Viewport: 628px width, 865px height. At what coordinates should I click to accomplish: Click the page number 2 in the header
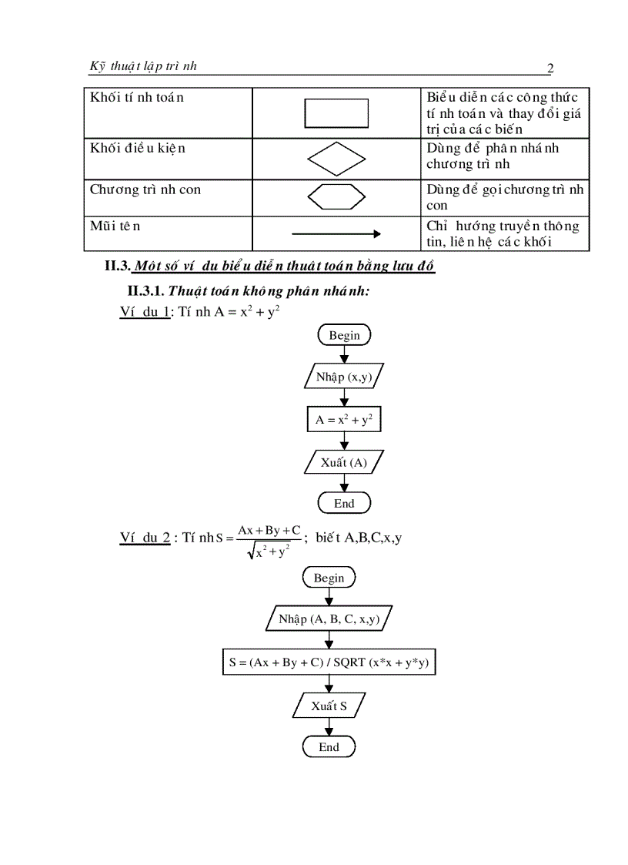(549, 69)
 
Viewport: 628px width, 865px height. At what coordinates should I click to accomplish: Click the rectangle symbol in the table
(337, 113)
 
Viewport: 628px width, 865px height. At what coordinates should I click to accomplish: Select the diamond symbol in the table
(337, 159)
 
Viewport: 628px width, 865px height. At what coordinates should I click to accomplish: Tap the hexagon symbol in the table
(336, 197)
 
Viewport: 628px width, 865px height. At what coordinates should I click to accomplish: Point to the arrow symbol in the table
(337, 233)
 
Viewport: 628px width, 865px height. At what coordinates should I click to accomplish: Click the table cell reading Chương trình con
(145, 189)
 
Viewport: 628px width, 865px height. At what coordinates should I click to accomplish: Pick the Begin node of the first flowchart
(344, 335)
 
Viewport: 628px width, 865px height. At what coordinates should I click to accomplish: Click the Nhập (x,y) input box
(344, 377)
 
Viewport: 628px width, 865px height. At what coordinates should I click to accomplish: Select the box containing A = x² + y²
(344, 421)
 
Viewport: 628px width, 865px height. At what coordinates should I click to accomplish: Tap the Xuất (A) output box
(344, 462)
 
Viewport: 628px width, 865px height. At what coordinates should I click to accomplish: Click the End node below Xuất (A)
(344, 503)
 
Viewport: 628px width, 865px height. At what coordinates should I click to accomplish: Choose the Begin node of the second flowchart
(329, 578)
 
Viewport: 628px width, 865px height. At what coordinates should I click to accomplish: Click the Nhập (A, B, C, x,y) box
(329, 619)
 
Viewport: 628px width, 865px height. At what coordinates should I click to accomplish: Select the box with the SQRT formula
(329, 662)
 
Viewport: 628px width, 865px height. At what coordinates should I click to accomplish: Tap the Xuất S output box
(329, 706)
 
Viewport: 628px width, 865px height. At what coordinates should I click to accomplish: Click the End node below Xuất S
(329, 746)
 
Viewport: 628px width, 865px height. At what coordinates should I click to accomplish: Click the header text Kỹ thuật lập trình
(143, 66)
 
